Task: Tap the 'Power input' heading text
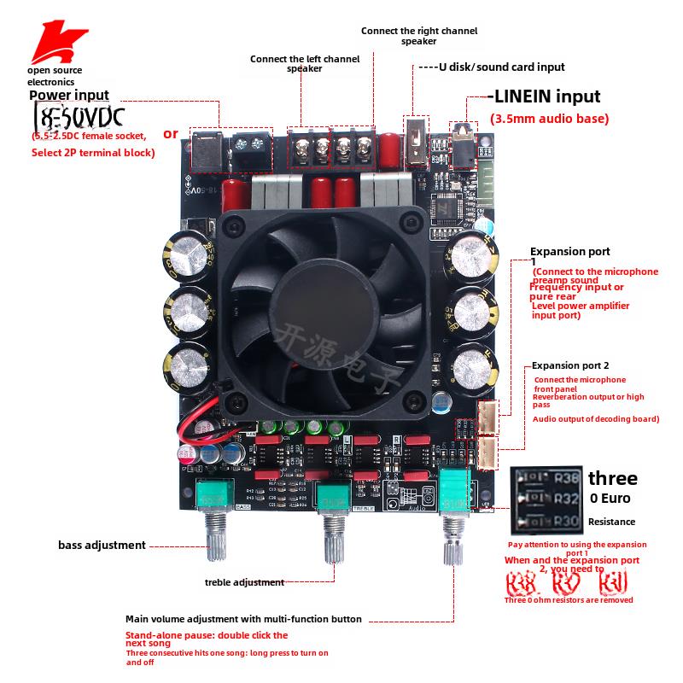[x=69, y=96]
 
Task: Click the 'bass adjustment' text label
[x=102, y=545]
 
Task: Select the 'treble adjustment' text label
[x=244, y=582]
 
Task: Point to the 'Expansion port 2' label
[x=570, y=365]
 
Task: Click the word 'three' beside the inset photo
[x=613, y=478]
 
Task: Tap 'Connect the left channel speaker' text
[x=304, y=63]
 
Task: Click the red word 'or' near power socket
[x=171, y=133]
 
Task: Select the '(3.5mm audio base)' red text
[x=549, y=119]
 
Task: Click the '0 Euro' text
[x=607, y=499]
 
